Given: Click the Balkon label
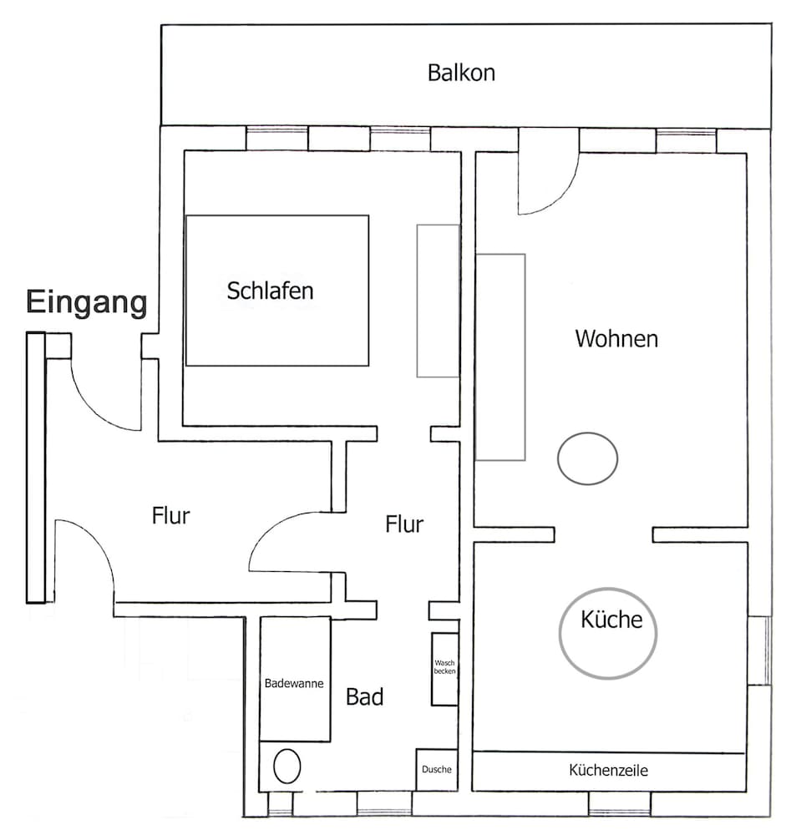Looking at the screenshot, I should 461,73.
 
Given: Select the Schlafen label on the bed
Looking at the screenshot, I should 271,291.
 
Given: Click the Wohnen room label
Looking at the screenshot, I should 616,339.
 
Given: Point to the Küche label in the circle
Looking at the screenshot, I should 611,620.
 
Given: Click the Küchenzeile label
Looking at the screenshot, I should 608,771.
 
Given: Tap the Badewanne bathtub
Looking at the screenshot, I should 294,683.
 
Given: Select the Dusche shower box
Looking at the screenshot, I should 437,770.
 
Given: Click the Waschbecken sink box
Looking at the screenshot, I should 444,669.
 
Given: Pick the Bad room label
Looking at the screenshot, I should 365,697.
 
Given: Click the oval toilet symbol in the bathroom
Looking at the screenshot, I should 286,766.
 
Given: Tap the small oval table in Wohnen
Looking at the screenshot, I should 587,458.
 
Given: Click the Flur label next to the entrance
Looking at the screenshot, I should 170,516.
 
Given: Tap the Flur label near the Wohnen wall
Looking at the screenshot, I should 404,524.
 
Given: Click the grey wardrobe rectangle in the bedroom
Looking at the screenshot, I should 438,301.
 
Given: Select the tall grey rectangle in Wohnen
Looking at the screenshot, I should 500,357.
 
